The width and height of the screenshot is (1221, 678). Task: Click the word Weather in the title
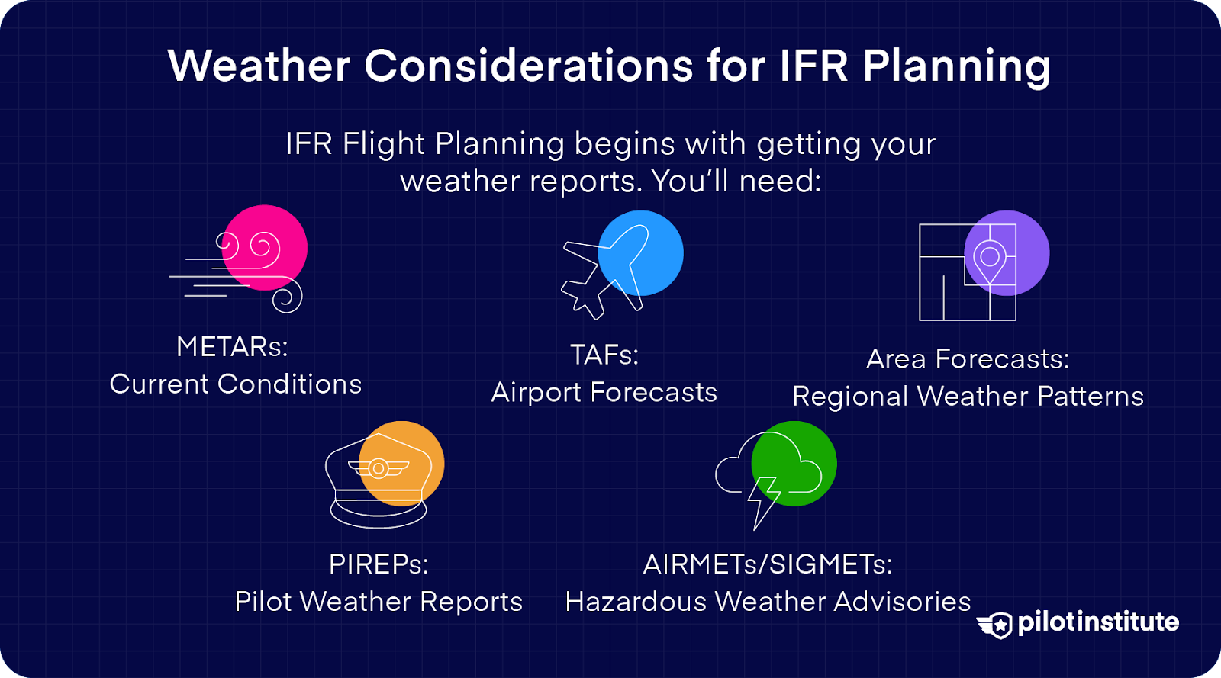click(x=259, y=66)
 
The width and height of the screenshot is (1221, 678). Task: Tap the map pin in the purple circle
click(x=990, y=260)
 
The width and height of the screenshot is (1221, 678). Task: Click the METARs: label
click(x=233, y=347)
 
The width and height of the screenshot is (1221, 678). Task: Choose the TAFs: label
click(x=604, y=355)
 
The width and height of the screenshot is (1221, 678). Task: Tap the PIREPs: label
click(x=379, y=564)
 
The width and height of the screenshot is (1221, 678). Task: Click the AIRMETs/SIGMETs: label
click(x=768, y=564)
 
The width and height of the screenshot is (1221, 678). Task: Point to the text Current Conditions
click(x=236, y=384)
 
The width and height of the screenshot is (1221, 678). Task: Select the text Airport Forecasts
click(x=604, y=393)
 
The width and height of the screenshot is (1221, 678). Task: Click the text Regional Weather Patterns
click(x=968, y=397)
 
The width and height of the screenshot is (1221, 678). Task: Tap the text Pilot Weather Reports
click(x=379, y=602)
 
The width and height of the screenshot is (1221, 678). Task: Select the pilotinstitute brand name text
click(x=1098, y=622)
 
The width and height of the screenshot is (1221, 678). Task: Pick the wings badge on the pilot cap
click(x=379, y=468)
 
